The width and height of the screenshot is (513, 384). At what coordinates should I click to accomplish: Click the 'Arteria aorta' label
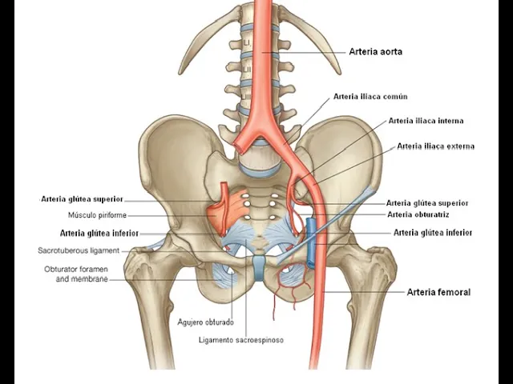375,52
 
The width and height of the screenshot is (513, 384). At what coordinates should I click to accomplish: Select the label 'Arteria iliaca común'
370,97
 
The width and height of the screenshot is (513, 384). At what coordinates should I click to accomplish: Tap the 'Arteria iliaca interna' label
426,122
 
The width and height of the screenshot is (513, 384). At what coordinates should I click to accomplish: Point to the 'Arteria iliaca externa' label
435,146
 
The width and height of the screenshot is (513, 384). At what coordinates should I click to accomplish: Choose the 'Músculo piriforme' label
97,215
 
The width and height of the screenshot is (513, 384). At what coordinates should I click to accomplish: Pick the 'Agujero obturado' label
205,322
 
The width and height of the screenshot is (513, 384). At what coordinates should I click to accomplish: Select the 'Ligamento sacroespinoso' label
241,340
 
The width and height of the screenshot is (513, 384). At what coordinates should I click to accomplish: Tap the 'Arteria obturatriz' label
418,214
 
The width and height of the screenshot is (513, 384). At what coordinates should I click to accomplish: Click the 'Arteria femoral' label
438,292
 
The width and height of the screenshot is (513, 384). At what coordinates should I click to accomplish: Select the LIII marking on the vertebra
248,97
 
